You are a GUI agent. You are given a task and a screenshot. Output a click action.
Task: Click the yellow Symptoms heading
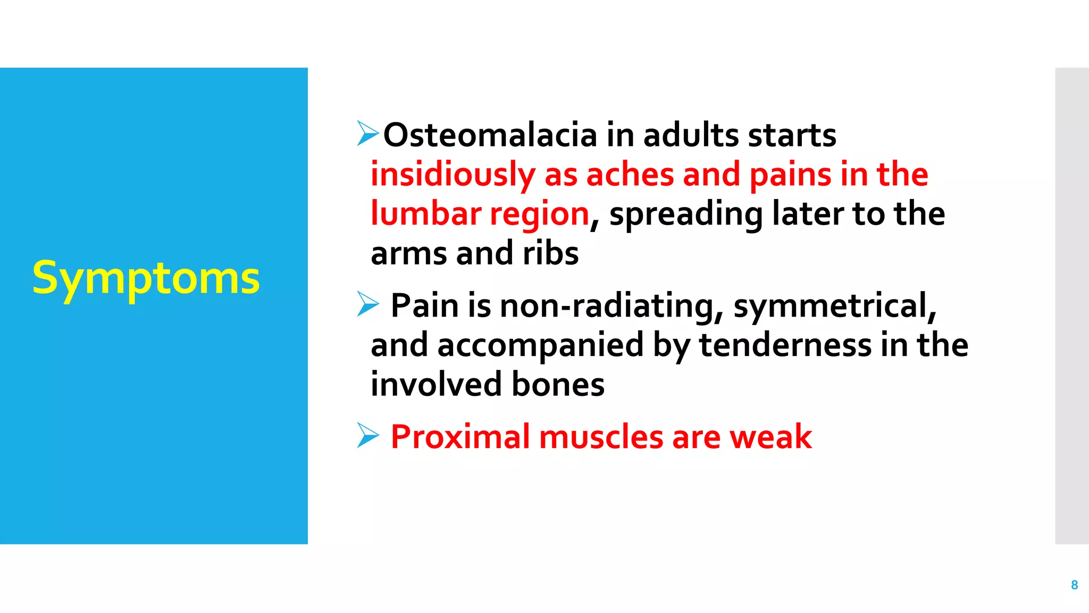click(146, 278)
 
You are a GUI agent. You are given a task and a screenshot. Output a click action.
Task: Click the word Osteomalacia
click(490, 135)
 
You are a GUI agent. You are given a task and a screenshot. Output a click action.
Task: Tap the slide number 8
click(1074, 585)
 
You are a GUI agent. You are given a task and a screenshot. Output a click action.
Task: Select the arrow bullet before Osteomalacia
click(367, 133)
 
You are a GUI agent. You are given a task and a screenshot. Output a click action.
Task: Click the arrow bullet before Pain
click(367, 304)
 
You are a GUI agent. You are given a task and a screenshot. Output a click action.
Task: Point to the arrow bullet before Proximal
click(367, 435)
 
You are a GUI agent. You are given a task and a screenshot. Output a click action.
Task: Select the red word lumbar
click(425, 214)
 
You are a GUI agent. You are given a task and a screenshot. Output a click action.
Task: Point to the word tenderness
click(785, 345)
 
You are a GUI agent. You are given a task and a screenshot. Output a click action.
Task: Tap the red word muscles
click(600, 437)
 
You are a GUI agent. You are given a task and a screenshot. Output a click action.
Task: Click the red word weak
click(770, 437)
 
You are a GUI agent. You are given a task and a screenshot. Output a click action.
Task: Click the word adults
click(691, 135)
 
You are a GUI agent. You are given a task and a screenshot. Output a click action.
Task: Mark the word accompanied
click(540, 345)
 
